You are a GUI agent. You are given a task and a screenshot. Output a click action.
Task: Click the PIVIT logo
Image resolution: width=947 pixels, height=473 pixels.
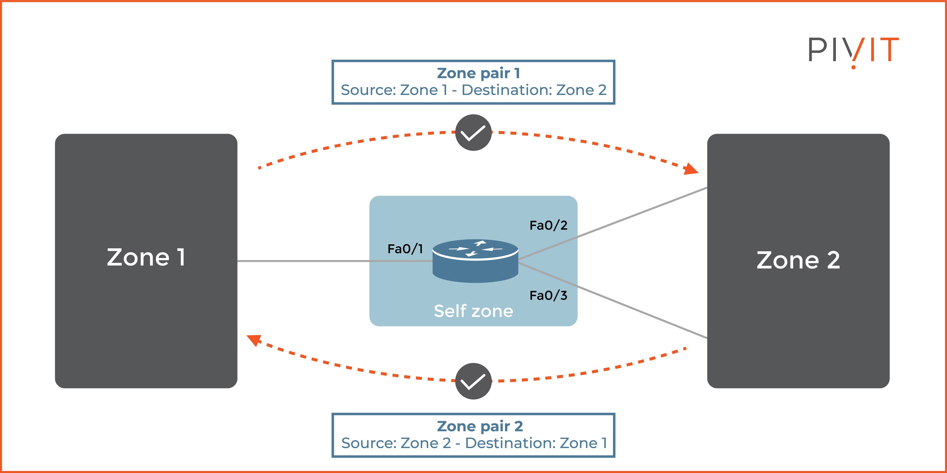[853, 51]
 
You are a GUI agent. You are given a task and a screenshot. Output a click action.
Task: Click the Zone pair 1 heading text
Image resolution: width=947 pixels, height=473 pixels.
[478, 73]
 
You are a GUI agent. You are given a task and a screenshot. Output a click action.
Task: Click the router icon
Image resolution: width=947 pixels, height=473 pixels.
[475, 261]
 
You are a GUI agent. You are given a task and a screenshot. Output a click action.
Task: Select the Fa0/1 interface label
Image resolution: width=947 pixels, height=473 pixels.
[405, 249]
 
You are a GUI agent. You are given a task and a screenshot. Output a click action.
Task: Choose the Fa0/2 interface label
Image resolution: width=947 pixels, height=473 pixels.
[548, 225]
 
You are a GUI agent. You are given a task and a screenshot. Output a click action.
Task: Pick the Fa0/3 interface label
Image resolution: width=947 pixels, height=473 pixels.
[548, 295]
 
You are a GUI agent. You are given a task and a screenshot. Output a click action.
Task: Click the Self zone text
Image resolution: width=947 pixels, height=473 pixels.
[473, 311]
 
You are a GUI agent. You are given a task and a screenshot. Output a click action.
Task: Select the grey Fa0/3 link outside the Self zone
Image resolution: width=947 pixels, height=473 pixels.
[643, 312]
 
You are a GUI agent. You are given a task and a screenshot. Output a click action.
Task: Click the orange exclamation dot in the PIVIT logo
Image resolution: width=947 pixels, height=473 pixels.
[853, 67]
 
